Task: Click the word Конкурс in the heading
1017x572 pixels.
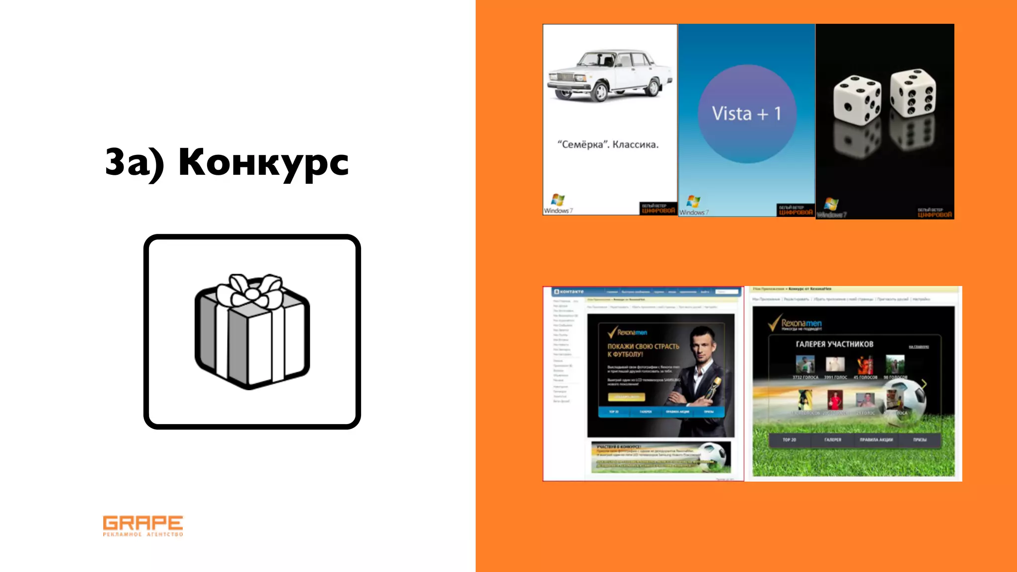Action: [x=264, y=162]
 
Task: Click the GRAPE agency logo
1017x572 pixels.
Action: [x=143, y=525]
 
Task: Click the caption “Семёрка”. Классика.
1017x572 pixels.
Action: [x=608, y=144]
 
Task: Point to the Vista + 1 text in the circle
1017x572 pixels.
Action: [x=746, y=114]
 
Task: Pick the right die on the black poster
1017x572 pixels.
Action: [x=913, y=92]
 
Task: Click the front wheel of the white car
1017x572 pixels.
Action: [x=601, y=92]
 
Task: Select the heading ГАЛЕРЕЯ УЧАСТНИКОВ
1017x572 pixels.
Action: [x=834, y=344]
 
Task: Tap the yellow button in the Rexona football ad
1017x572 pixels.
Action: [x=626, y=397]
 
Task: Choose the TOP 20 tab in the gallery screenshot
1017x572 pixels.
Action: [x=789, y=440]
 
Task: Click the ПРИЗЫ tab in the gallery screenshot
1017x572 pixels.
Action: [x=919, y=440]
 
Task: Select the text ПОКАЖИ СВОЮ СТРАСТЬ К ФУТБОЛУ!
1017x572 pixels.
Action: [x=643, y=350]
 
